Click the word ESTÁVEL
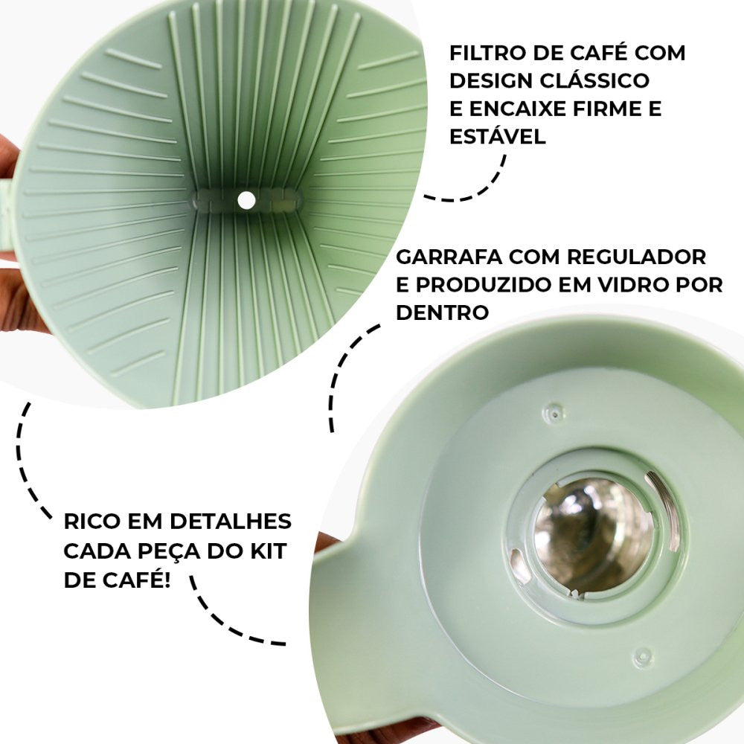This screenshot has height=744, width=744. [x=497, y=137]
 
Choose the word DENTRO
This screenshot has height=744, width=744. [x=442, y=313]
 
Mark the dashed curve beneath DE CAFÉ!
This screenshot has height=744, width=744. [x=223, y=621]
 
